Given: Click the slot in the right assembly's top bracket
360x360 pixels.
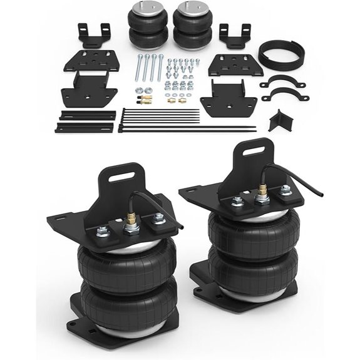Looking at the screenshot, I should coord(247,151).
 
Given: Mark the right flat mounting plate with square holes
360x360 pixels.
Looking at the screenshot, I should coord(229,65).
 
